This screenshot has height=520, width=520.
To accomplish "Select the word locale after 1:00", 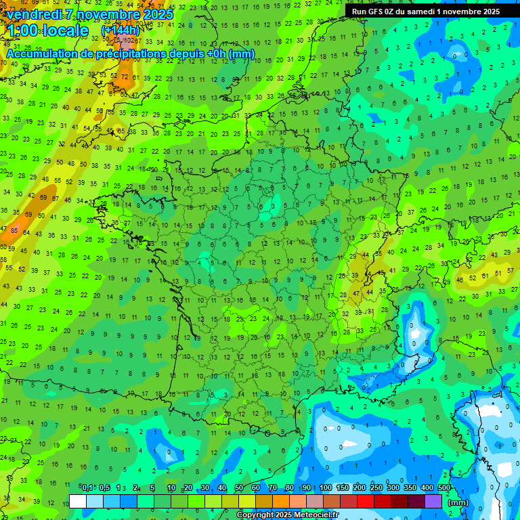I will (64, 31).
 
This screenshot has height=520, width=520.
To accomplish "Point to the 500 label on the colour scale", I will (444, 487).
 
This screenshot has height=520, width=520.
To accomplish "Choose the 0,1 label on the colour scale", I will (87, 487).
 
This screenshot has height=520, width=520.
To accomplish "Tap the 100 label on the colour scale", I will (326, 487).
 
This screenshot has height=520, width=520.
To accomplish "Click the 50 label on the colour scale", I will (239, 487).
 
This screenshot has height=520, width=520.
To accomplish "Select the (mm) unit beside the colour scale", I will (458, 502).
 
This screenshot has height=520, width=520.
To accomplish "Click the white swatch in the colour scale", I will (78, 501).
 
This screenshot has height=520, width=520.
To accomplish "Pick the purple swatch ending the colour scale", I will (433, 501).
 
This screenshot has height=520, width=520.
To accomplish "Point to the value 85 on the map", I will (14, 231).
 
